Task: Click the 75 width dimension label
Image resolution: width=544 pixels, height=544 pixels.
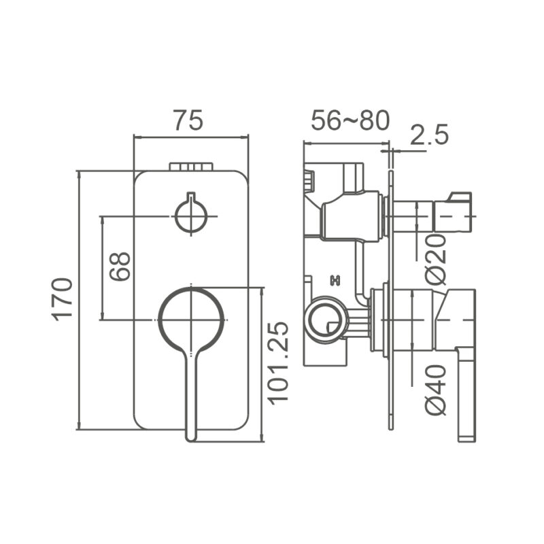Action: coord(187,121)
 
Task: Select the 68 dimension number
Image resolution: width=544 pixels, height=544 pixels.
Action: coord(120,267)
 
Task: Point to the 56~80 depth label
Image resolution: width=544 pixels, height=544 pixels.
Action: coord(350,121)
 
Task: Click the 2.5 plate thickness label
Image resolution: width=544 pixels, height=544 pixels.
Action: coord(429,135)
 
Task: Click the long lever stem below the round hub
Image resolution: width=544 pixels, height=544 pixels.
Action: coord(190,401)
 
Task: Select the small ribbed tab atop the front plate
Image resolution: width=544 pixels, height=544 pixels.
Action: coord(191,167)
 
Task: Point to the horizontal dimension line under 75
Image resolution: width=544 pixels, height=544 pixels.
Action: coord(191,137)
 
